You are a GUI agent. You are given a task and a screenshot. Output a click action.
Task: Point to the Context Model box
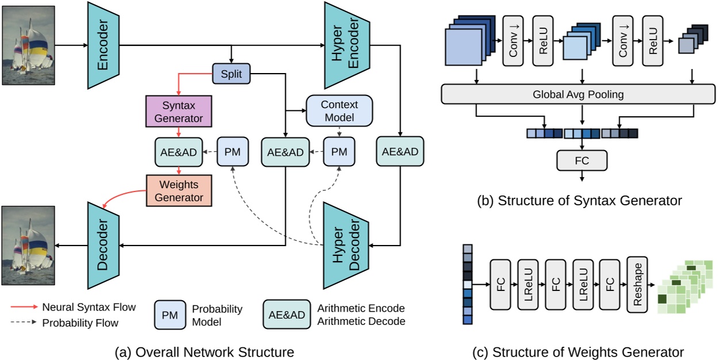[339, 111]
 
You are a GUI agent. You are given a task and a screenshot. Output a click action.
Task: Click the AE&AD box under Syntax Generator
[178, 152]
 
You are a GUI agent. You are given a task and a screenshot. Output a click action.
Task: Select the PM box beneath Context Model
[339, 152]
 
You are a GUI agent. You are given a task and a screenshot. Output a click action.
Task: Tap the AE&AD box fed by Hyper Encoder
[401, 152]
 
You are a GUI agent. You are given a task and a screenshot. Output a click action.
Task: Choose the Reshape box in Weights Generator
[637, 285]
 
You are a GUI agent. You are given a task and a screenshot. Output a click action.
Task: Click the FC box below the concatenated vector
[582, 160]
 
